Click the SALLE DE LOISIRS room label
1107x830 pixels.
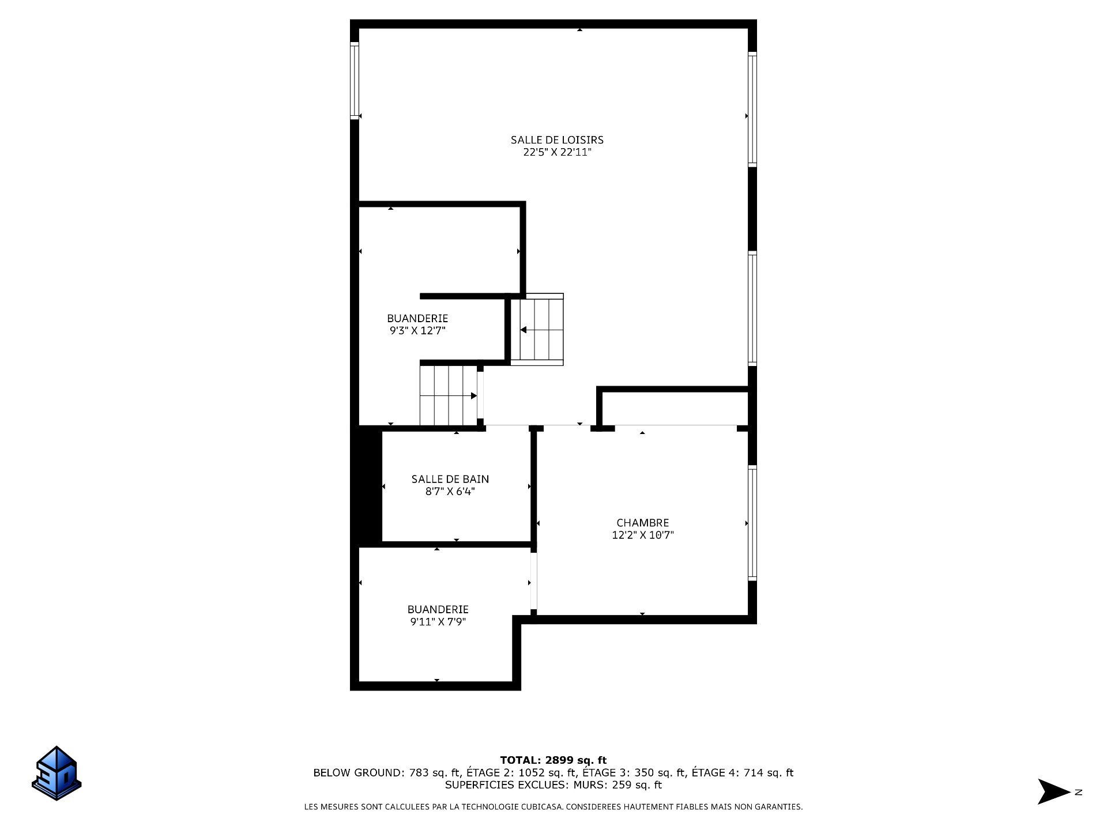point(557,139)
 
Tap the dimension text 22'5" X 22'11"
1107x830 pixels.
point(557,153)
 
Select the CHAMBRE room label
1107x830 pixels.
point(642,523)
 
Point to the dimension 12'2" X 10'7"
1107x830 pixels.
point(642,535)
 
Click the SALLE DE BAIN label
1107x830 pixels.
point(450,479)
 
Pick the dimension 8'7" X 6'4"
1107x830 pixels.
point(450,492)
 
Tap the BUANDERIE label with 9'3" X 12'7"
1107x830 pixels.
point(417,318)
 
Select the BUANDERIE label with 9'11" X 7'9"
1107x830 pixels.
point(438,609)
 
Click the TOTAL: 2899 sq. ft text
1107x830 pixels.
point(553,760)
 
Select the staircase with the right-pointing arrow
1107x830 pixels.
point(449,395)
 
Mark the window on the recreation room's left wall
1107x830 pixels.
point(355,81)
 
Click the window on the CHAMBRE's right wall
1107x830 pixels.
point(752,523)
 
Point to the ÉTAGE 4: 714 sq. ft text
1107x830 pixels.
point(743,773)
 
